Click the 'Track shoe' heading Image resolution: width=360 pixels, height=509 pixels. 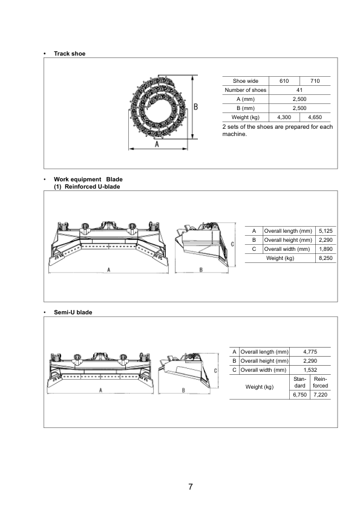click(x=70, y=54)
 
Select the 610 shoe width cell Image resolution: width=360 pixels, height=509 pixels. click(x=284, y=81)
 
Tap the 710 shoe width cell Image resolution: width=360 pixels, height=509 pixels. click(x=315, y=81)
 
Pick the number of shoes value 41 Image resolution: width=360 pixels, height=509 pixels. click(x=299, y=90)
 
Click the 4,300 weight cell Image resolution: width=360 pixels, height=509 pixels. click(x=284, y=117)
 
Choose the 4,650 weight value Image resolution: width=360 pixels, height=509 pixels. click(x=315, y=117)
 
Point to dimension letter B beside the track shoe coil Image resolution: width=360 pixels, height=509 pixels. click(x=196, y=106)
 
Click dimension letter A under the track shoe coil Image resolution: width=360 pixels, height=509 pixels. click(x=157, y=144)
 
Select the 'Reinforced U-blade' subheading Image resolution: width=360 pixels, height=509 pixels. click(x=93, y=187)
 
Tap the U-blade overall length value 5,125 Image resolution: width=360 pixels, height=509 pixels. click(x=326, y=231)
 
